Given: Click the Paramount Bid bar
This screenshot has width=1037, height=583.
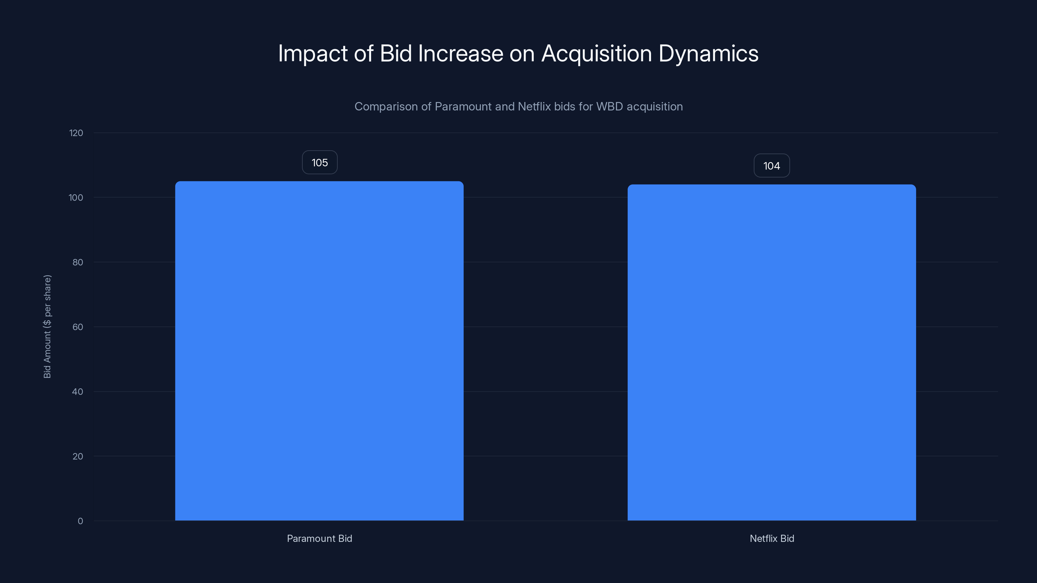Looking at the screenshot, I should click(319, 351).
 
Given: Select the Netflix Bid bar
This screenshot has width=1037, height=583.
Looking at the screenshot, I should click(771, 352).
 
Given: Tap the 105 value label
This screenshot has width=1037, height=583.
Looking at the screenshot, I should click(320, 163).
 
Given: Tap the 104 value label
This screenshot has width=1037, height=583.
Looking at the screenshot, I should click(771, 166).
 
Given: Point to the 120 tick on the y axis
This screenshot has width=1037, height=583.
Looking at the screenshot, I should click(76, 133).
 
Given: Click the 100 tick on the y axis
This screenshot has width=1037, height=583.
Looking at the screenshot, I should click(76, 198).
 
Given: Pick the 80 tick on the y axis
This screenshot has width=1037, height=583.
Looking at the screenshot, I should click(78, 262).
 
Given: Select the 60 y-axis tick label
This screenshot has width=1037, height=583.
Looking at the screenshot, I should click(78, 327).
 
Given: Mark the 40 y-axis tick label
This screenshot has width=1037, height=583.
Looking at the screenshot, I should click(78, 392).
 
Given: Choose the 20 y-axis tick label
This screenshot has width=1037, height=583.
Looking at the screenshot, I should click(78, 457).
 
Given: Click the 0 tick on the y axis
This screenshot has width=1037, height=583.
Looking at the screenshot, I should click(80, 521).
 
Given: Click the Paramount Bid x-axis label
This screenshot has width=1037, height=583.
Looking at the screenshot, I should click(319, 538).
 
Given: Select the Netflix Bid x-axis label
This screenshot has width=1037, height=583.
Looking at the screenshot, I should click(772, 538).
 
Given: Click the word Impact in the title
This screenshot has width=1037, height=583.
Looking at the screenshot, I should click(312, 53).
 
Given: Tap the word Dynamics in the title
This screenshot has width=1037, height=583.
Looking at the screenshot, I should click(708, 53).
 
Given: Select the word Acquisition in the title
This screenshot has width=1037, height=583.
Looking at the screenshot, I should click(597, 53).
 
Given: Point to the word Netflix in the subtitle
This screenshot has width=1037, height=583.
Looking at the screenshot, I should click(534, 107).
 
